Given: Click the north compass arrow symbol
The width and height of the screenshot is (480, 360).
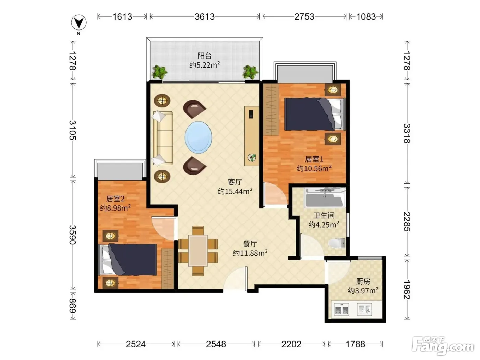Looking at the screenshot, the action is [79, 23].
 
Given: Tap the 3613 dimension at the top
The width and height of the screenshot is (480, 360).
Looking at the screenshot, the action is [204, 16].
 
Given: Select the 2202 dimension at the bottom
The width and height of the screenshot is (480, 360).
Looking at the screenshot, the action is [291, 344].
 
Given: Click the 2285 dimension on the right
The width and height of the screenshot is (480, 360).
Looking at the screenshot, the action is [407, 221].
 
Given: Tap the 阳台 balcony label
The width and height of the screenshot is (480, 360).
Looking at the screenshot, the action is [204, 56].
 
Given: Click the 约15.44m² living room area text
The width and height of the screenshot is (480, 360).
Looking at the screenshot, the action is [235, 191].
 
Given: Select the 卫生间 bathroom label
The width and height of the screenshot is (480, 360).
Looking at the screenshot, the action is [324, 215].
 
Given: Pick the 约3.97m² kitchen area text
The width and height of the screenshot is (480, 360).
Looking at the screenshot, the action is [363, 290].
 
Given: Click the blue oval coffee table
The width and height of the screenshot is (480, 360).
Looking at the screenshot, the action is [198, 137].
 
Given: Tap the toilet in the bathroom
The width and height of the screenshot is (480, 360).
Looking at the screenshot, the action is [337, 243].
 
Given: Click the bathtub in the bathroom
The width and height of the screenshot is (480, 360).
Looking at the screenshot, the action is [325, 197].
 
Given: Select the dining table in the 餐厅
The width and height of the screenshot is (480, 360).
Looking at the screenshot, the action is [198, 251].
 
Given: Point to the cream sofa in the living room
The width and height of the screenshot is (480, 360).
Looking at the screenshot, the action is [163, 138].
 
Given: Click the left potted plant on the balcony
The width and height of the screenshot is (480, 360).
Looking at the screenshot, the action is [159, 72].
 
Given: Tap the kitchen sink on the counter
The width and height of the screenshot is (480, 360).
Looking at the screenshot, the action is [364, 310].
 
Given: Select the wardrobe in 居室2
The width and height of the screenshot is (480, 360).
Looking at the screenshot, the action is [168, 268].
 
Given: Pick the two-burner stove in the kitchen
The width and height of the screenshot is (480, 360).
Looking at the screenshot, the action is [341, 310].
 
